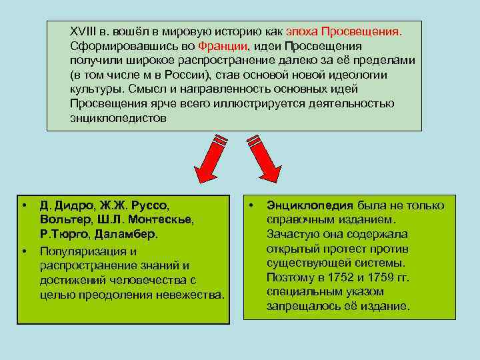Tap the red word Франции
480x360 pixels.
[223, 46]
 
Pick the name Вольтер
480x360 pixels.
[63, 221]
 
